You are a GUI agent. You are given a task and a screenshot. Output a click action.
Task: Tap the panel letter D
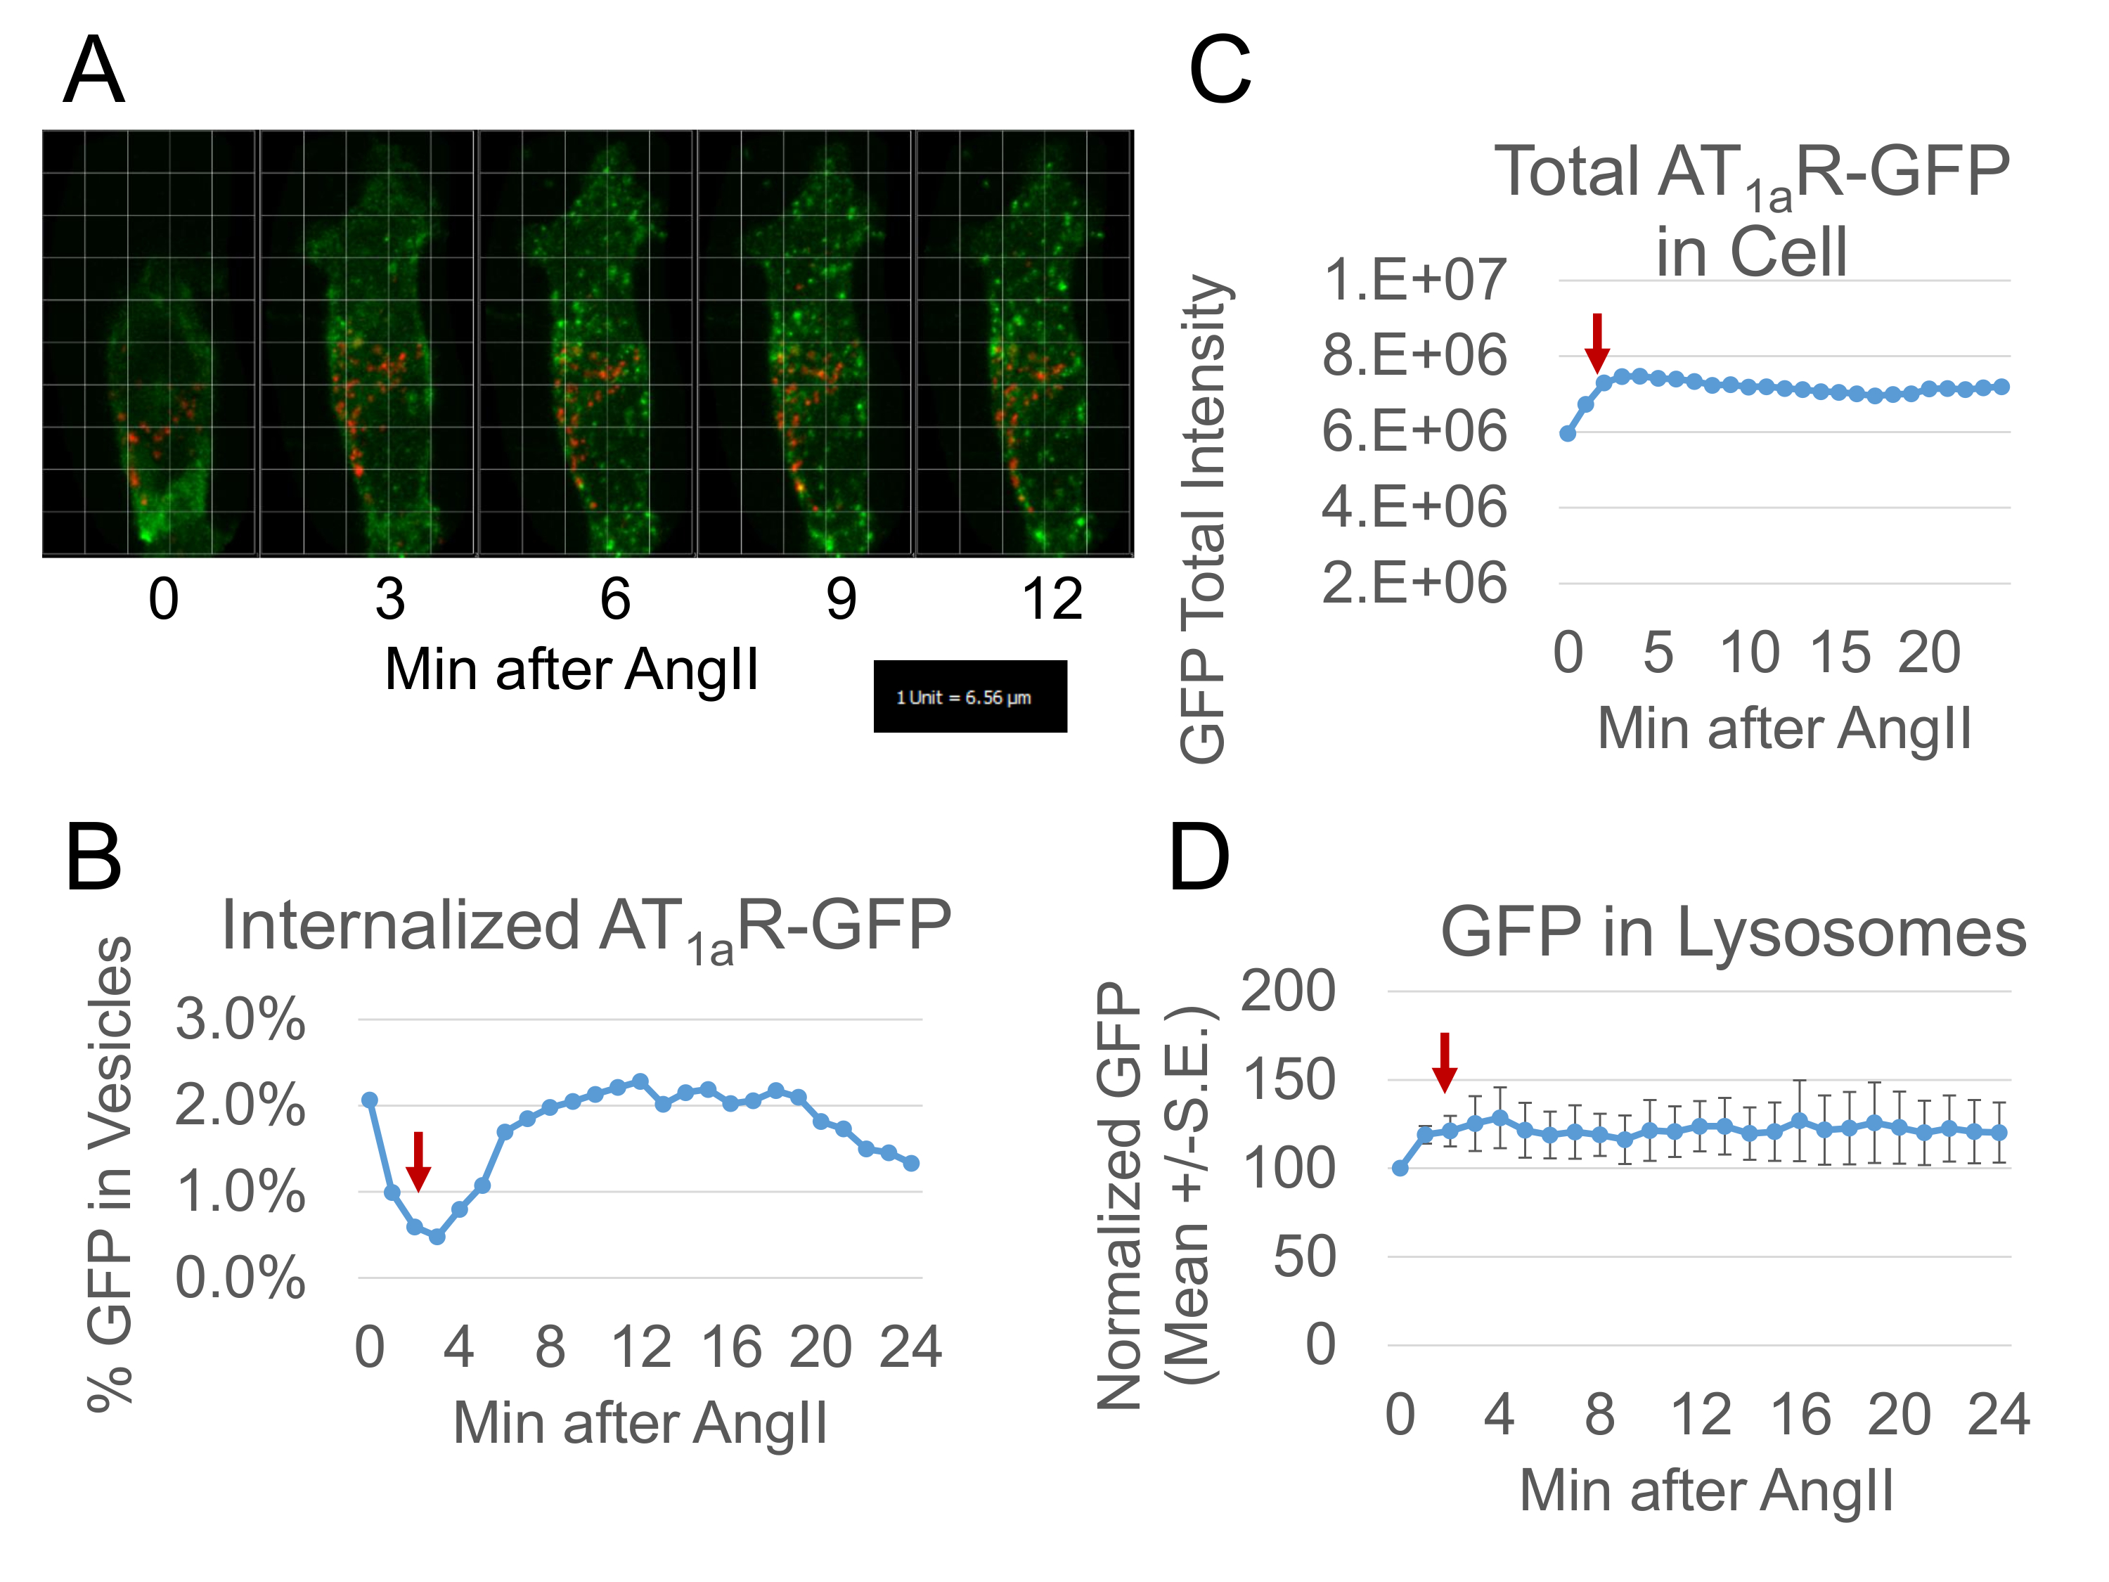click(x=1199, y=858)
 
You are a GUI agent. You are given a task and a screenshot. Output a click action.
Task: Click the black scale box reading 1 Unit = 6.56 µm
click(x=969, y=696)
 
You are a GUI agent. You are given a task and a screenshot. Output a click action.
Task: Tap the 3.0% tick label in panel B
click(x=240, y=1020)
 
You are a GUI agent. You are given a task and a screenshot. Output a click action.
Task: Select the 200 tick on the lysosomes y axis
click(x=1287, y=991)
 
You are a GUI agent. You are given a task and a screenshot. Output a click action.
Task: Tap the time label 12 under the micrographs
click(x=1052, y=600)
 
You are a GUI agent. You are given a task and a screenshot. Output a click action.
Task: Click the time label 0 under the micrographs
click(x=163, y=600)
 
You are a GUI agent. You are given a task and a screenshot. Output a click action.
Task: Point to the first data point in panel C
click(x=1568, y=434)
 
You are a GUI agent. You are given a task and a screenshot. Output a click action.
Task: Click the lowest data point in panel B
click(x=437, y=1237)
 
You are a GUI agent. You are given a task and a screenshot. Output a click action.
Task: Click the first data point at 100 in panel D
click(x=1400, y=1168)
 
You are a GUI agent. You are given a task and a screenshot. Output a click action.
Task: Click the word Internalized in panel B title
click(x=401, y=925)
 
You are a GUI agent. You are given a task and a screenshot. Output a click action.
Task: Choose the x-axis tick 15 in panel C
click(x=1840, y=653)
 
